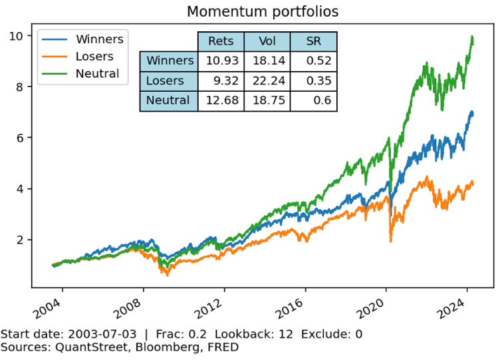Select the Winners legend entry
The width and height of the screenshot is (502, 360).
coord(99,39)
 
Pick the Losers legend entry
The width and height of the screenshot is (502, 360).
coord(94,57)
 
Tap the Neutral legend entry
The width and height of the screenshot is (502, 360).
coord(97,74)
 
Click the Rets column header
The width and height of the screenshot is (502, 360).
coord(221,41)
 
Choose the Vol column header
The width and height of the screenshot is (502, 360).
coord(267,41)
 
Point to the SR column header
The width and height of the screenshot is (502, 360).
coord(314,41)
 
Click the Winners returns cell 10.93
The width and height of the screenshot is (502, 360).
coord(221,61)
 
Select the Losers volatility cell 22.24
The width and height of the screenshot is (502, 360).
coord(267,81)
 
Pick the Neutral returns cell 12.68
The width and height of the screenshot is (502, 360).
coord(221,100)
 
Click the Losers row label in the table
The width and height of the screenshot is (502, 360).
coord(168,81)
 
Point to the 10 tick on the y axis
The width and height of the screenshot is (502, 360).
coord(19,35)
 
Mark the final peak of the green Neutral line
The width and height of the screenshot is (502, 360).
coord(472,37)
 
